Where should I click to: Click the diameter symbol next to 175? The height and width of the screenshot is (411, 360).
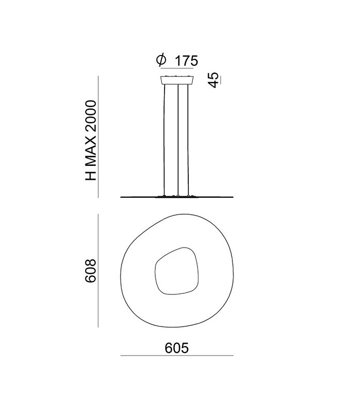pyautogui.click(x=160, y=61)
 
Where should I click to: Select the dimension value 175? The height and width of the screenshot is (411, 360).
pyautogui.click(x=186, y=61)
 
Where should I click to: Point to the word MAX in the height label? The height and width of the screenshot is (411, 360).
pyautogui.click(x=92, y=152)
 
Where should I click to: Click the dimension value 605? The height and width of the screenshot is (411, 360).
pyautogui.click(x=177, y=348)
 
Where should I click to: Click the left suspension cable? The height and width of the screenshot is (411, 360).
pyautogui.click(x=165, y=139)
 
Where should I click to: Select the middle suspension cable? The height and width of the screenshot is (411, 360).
pyautogui.click(x=178, y=139)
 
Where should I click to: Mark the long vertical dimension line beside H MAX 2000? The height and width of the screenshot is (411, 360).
pyautogui.click(x=98, y=136)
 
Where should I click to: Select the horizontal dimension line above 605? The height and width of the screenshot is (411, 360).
pyautogui.click(x=177, y=356)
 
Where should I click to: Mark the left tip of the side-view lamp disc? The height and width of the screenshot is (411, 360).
pyautogui.click(x=121, y=197)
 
